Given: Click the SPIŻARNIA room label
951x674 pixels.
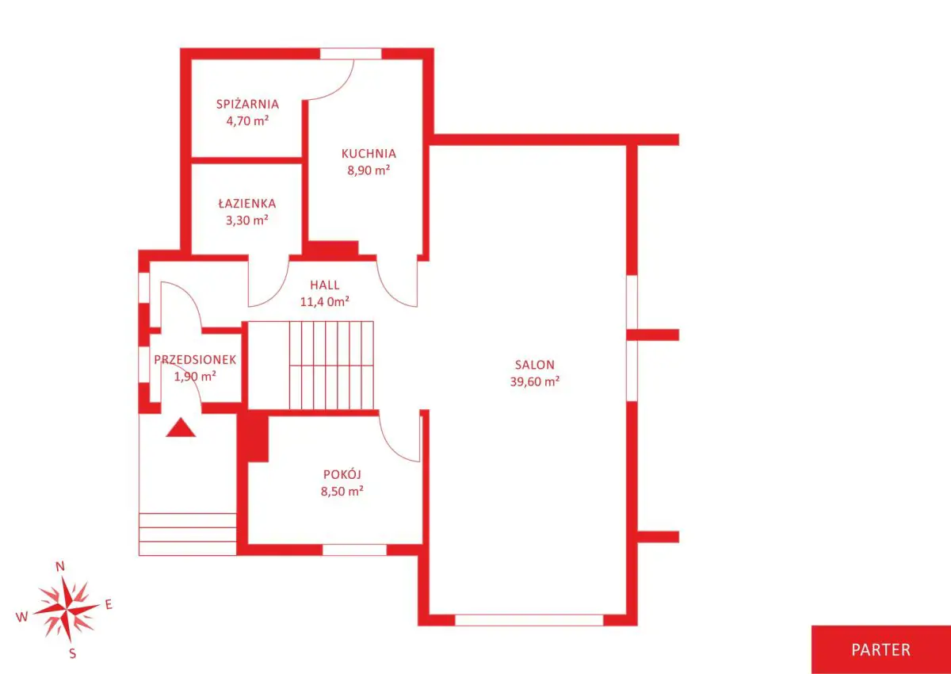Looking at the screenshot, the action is pyautogui.click(x=247, y=104).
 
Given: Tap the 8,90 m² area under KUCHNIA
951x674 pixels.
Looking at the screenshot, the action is pyautogui.click(x=369, y=170).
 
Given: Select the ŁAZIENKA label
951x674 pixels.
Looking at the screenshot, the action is pyautogui.click(x=247, y=203).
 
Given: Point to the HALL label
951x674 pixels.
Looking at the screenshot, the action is pyautogui.click(x=325, y=285).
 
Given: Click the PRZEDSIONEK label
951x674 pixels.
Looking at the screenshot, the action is pyautogui.click(x=195, y=360).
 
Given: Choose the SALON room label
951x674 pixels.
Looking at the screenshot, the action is pyautogui.click(x=534, y=365).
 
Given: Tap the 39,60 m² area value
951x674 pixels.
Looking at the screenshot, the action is pyautogui.click(x=534, y=381).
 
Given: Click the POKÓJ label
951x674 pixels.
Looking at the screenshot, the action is pyautogui.click(x=342, y=474).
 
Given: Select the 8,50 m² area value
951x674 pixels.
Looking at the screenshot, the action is pyautogui.click(x=342, y=492).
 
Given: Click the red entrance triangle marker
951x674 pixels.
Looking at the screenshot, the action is pyautogui.click(x=181, y=428).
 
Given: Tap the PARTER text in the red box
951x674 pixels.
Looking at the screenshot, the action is pyautogui.click(x=881, y=649).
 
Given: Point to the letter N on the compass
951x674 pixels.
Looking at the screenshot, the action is pyautogui.click(x=60, y=566).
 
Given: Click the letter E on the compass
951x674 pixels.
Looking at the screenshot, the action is pyautogui.click(x=109, y=604).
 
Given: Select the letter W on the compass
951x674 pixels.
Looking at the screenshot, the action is pyautogui.click(x=21, y=617).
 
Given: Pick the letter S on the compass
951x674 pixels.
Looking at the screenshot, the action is pyautogui.click(x=73, y=653).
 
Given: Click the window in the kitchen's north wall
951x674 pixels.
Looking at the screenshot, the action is pyautogui.click(x=350, y=54).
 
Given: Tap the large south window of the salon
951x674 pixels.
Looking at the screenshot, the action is pyautogui.click(x=529, y=620).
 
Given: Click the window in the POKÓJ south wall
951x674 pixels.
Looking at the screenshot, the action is pyautogui.click(x=354, y=550).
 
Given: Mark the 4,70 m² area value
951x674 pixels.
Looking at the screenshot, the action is pyautogui.click(x=247, y=121).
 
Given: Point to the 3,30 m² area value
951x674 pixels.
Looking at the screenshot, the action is pyautogui.click(x=247, y=220).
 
